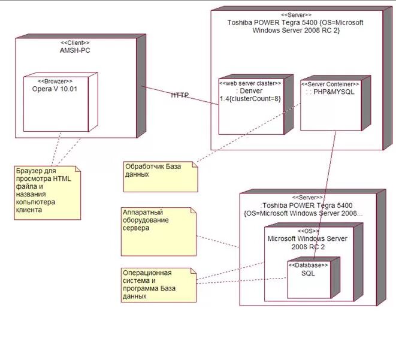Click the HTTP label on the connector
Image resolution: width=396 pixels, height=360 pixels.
click(x=180, y=95)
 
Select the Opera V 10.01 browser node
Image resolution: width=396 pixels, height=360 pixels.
click(x=55, y=105)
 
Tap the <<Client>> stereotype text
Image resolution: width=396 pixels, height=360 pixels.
click(x=75, y=43)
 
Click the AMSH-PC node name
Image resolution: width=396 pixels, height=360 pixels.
click(x=75, y=50)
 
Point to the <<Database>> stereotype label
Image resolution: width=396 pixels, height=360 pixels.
click(x=309, y=264)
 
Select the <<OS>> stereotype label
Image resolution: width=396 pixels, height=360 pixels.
click(x=309, y=231)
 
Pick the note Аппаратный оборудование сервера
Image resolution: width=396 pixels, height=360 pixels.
click(x=157, y=231)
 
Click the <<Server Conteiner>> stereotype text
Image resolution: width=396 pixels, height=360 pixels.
click(x=331, y=84)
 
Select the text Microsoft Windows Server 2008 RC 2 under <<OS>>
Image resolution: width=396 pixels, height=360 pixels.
click(x=307, y=243)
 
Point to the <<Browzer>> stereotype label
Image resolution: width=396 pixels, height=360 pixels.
click(x=55, y=81)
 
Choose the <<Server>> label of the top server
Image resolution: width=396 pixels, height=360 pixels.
click(x=296, y=14)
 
